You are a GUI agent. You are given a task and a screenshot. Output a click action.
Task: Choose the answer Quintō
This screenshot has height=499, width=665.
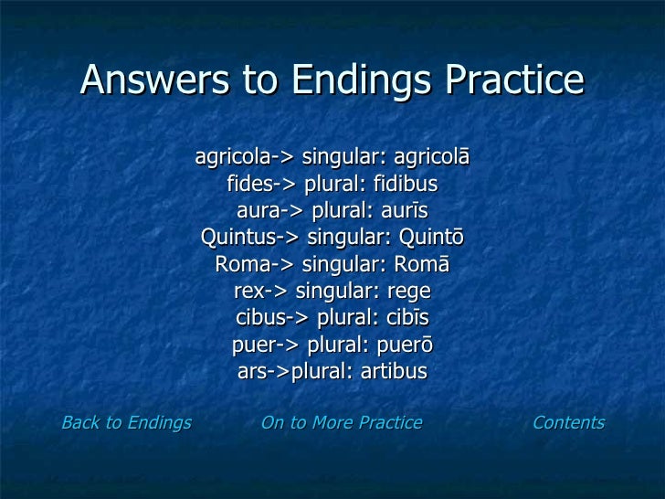click(x=428, y=239)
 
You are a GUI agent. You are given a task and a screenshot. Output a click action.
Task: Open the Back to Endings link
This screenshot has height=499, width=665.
click(x=126, y=422)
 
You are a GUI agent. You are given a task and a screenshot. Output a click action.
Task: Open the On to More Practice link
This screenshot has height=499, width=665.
click(x=342, y=422)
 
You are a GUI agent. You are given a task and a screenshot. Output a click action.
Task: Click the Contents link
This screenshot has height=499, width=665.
click(x=568, y=422)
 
